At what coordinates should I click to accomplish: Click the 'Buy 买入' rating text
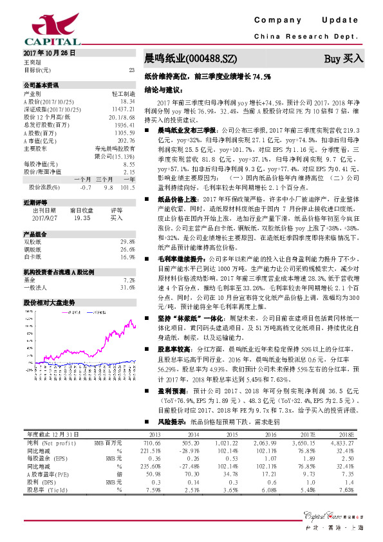tap(344, 59)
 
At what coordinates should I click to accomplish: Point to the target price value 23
tap(131, 70)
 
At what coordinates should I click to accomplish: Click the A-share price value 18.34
tap(127, 101)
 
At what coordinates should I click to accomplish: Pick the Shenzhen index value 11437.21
tap(124, 109)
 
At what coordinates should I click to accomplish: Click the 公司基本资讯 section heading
tap(41, 85)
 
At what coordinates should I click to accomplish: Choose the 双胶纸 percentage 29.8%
tap(127, 241)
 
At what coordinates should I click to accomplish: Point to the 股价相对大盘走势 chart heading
tap(49, 301)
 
